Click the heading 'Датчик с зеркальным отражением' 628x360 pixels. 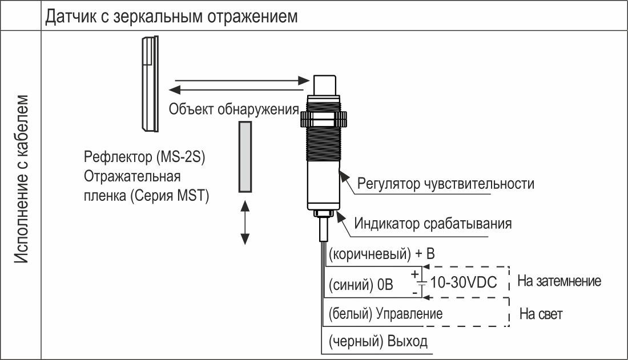tap(171, 17)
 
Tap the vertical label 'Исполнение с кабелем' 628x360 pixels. tap(22, 179)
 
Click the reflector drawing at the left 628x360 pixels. tap(150, 84)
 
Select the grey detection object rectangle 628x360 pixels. tap(245, 157)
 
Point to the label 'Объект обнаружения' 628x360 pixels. tap(234, 109)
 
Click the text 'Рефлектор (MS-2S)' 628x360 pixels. tap(144, 156)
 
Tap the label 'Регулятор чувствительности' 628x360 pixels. tap(445, 183)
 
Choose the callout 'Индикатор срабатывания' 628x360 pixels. tap(433, 224)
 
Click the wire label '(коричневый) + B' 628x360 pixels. tap(382, 254)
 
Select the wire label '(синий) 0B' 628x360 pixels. tap(361, 285)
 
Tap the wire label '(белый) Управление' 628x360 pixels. tap(385, 314)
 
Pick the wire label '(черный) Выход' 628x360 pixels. tap(378, 341)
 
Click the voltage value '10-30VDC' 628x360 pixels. tap(464, 282)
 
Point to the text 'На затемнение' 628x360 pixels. tap(559, 281)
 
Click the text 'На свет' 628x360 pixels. tap(541, 314)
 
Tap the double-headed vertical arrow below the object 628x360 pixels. tap(245, 223)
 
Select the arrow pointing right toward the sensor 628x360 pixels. tap(242, 80)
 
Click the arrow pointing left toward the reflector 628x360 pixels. tap(236, 90)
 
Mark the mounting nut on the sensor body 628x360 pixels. tap(323, 119)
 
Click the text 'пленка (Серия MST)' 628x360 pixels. tap(146, 196)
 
